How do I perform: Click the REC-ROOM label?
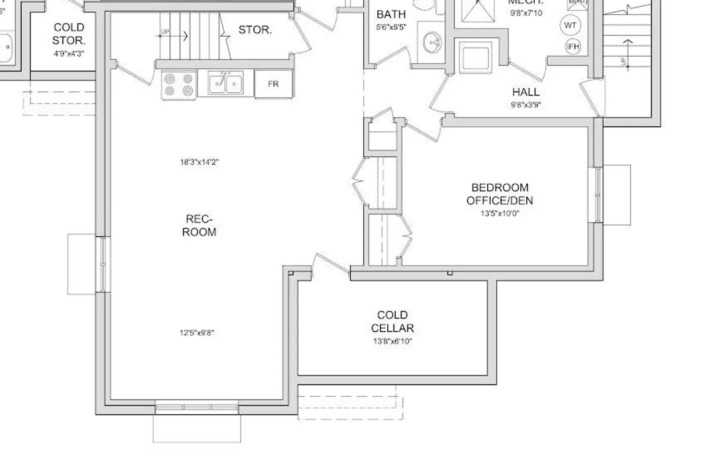pyautogui.click(x=199, y=226)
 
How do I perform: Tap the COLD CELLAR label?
pyautogui.click(x=392, y=321)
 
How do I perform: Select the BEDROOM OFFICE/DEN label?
pyautogui.click(x=500, y=194)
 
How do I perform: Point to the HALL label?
pyautogui.click(x=526, y=92)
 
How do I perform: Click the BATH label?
pyautogui.click(x=391, y=15)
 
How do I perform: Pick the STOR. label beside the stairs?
pyautogui.click(x=255, y=30)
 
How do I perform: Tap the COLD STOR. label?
pyautogui.click(x=69, y=34)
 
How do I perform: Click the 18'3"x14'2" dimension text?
pyautogui.click(x=199, y=162)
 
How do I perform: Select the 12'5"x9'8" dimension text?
pyautogui.click(x=197, y=333)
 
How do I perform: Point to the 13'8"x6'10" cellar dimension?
pyautogui.click(x=392, y=342)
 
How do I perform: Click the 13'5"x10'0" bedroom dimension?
pyautogui.click(x=500, y=213)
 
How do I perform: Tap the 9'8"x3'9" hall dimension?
pyautogui.click(x=526, y=105)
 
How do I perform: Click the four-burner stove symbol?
pyautogui.click(x=179, y=85)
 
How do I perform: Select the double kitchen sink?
pyautogui.click(x=226, y=84)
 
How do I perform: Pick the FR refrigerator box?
pyautogui.click(x=274, y=84)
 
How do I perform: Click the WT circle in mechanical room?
pyautogui.click(x=570, y=25)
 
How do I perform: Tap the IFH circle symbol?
pyautogui.click(x=573, y=47)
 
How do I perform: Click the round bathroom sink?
pyautogui.click(x=432, y=44)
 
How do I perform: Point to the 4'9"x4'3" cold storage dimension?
pyautogui.click(x=69, y=54)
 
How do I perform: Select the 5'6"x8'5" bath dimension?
pyautogui.click(x=391, y=27)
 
